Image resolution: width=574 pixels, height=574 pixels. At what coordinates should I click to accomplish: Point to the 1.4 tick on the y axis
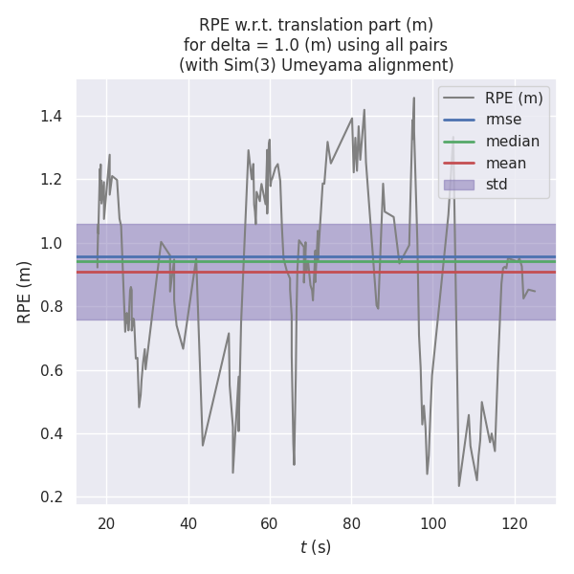tap(53, 116)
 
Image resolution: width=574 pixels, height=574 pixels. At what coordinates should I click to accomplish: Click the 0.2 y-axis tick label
tap(53, 497)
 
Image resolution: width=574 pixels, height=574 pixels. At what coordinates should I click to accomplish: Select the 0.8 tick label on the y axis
tap(53, 306)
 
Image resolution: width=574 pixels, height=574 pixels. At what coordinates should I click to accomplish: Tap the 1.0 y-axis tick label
tap(53, 243)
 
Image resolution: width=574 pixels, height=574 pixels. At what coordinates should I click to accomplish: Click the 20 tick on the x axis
tap(106, 523)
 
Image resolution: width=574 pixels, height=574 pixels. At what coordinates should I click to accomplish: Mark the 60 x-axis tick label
tap(270, 523)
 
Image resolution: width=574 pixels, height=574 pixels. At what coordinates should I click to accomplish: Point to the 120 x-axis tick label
tap(515, 523)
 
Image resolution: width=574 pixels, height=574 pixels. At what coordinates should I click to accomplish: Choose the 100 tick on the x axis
tap(433, 523)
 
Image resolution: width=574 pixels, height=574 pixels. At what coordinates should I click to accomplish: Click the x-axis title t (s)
tap(316, 548)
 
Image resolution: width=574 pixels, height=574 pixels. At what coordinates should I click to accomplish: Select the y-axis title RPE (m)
tap(25, 291)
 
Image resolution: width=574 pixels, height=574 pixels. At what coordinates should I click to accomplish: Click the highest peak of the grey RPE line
tap(414, 98)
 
